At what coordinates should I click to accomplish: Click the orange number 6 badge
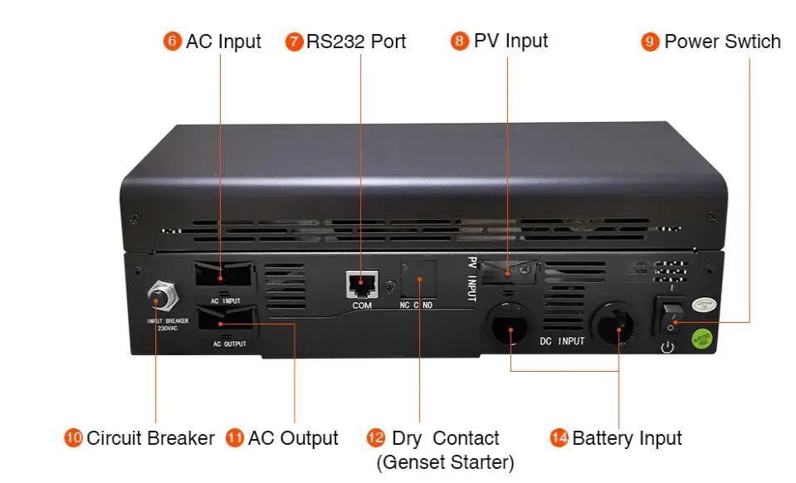tap(173, 41)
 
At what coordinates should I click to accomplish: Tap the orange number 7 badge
tap(294, 41)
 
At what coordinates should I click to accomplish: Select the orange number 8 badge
tap(460, 41)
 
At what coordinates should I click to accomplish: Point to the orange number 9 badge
tap(651, 41)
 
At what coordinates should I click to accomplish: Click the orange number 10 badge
tap(74, 438)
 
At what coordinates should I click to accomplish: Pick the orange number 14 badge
tap(559, 438)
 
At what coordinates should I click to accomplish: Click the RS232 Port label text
tap(356, 41)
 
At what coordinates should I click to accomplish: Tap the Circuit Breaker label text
tap(150, 438)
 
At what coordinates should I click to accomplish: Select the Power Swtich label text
tap(722, 41)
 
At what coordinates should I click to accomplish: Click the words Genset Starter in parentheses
tap(445, 461)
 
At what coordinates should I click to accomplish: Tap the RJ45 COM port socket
tap(363, 285)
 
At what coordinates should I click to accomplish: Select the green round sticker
tap(703, 338)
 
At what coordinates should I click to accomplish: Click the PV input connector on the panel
tap(510, 271)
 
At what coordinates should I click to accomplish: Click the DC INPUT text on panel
tap(562, 341)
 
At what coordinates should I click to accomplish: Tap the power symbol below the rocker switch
tap(667, 347)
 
